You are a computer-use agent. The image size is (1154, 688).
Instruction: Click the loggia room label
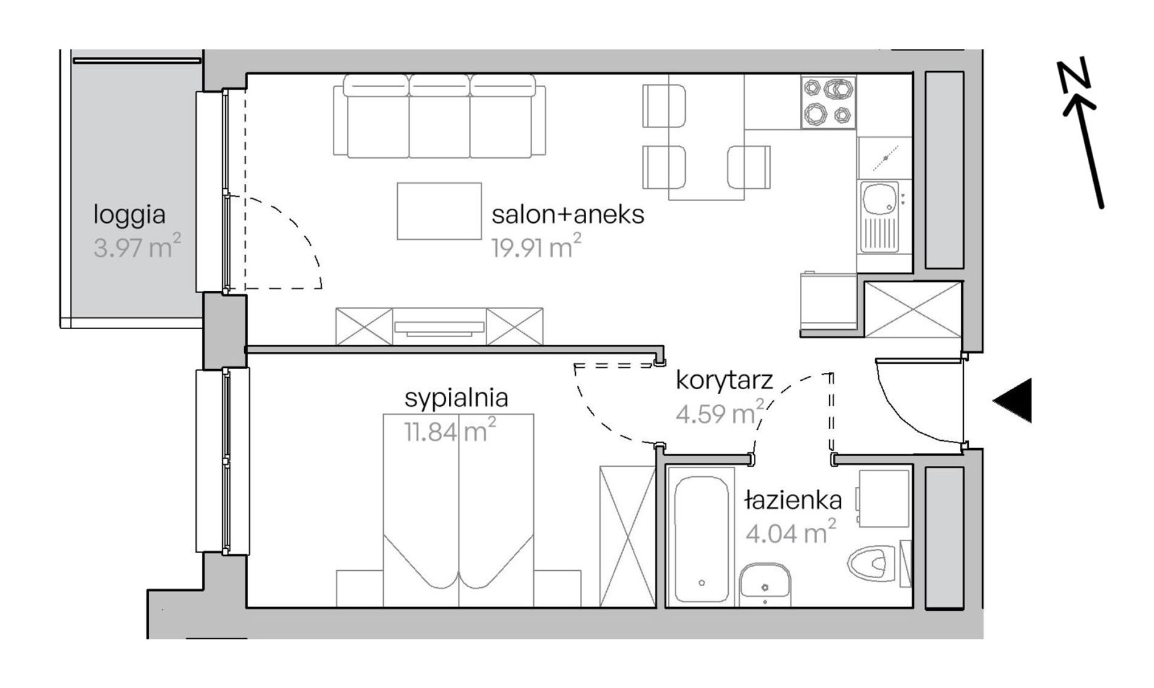(x=129, y=216)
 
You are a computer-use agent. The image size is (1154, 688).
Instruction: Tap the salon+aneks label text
(x=568, y=215)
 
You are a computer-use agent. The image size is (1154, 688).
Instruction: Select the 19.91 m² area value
(x=536, y=246)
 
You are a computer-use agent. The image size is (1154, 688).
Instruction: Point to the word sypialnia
(x=456, y=399)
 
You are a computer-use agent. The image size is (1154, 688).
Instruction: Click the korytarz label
(x=724, y=381)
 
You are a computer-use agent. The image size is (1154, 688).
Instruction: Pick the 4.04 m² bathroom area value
(x=791, y=532)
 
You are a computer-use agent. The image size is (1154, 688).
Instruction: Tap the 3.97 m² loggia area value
(x=137, y=247)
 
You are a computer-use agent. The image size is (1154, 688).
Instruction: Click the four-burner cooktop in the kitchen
(x=828, y=103)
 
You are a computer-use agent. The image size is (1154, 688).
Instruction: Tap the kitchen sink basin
(x=878, y=199)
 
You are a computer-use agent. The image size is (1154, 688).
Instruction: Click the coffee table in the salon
(x=439, y=211)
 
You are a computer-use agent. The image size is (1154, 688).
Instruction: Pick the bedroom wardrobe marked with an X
(x=627, y=536)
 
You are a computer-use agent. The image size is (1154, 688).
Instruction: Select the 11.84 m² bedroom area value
(x=450, y=431)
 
